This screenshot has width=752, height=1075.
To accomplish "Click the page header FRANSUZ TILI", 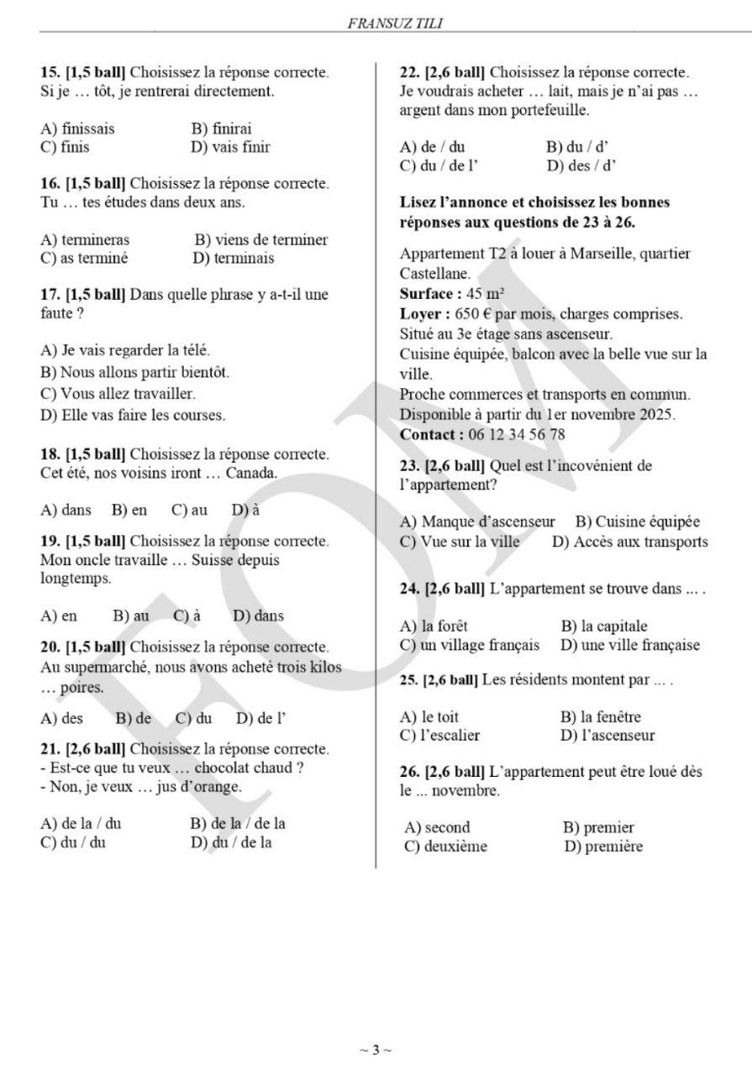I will pyautogui.click(x=395, y=24).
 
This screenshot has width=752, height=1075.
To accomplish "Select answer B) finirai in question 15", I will pyautogui.click(x=221, y=128).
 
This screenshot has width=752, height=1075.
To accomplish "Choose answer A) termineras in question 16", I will pyautogui.click(x=85, y=239).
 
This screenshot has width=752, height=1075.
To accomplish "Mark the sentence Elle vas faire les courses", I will pyautogui.click(x=133, y=414).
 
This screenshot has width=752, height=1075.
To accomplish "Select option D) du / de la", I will pyautogui.click(x=231, y=842).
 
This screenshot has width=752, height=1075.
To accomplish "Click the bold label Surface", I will pyautogui.click(x=429, y=294).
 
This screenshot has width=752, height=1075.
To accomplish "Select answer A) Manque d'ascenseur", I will pyautogui.click(x=477, y=522).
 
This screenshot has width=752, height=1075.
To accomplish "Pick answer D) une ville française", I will pyautogui.click(x=629, y=645).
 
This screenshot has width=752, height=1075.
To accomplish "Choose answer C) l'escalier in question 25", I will pyautogui.click(x=439, y=736).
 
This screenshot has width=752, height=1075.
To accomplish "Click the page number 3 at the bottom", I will pyautogui.click(x=376, y=1049).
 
